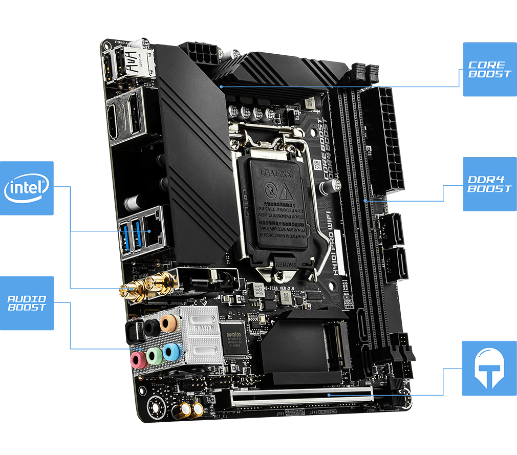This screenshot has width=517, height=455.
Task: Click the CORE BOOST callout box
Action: pos(489,69)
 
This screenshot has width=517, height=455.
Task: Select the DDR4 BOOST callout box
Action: pos(489,184)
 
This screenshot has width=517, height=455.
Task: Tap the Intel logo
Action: pos(27,188)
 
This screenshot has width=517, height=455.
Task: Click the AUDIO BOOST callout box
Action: pos(27,303)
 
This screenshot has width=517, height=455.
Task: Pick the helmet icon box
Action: pos(489,368)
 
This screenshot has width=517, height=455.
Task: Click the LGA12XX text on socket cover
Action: pos(275,174)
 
